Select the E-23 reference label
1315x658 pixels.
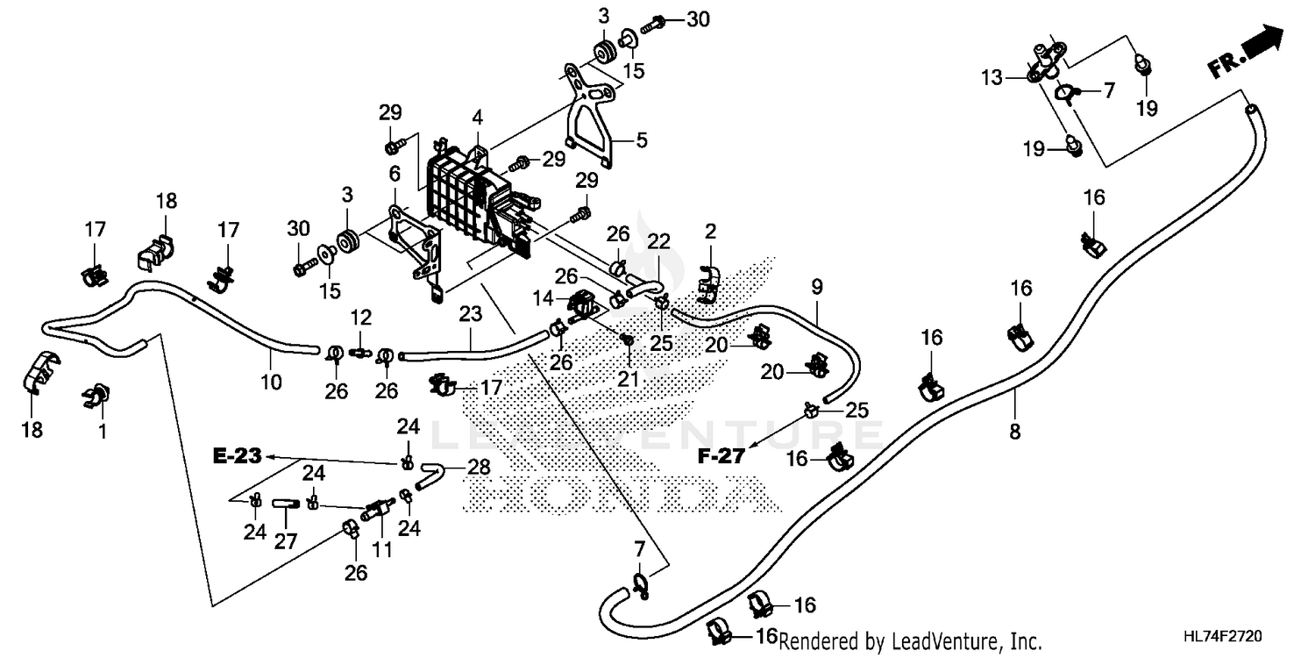pos(238,456)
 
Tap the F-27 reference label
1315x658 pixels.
pos(721,456)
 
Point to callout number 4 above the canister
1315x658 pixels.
pos(477,118)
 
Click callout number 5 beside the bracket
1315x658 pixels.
pos(642,140)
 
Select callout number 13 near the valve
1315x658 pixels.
pos(992,77)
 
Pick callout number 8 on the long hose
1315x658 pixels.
pos(1015,432)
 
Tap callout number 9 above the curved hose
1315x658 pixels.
pos(817,287)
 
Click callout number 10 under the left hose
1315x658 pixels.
pos(271,383)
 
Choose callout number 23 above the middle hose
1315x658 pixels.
pos(470,314)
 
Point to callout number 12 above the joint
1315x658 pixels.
pos(361,318)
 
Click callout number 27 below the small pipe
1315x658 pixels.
pos(286,541)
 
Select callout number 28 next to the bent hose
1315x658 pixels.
pos(479,468)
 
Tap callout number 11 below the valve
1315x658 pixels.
pos(382,550)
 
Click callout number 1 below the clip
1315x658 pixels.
pos(103,432)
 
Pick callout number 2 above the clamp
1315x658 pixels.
pos(710,232)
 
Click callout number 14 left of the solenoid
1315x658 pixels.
pos(543,298)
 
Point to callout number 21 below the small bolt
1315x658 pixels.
pos(628,379)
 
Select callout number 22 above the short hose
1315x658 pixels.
pos(658,241)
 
